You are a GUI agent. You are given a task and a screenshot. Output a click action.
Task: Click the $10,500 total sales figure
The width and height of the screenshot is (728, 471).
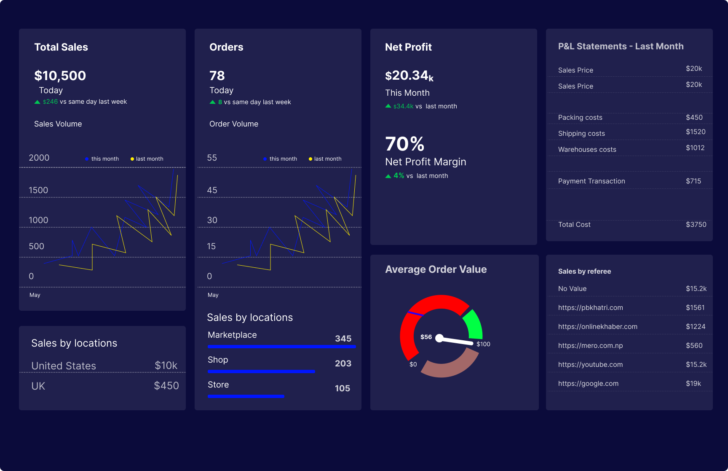(x=60, y=76)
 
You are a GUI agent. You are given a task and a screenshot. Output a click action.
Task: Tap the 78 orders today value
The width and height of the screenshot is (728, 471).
(x=217, y=76)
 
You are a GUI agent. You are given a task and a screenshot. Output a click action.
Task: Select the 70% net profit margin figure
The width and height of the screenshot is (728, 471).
(x=404, y=144)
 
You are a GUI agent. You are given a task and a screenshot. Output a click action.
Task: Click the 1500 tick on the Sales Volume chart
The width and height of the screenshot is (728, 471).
(x=38, y=190)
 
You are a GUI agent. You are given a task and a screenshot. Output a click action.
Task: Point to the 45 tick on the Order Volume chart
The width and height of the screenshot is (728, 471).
(x=212, y=190)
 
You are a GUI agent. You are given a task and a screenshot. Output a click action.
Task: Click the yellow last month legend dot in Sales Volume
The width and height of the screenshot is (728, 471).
(x=132, y=159)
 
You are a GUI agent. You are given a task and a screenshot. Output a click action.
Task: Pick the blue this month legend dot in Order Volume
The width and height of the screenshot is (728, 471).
(x=265, y=159)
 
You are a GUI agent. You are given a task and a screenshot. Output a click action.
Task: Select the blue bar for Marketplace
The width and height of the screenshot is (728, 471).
(x=281, y=347)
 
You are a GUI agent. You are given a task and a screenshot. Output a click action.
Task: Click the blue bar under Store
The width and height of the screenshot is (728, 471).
(x=246, y=396)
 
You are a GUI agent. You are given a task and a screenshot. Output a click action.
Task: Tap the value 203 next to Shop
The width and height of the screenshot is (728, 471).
(x=343, y=363)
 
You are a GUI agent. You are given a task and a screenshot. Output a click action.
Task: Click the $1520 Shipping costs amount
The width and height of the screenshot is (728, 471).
(x=695, y=132)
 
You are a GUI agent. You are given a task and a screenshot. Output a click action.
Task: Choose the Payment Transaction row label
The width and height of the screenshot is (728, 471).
(x=591, y=181)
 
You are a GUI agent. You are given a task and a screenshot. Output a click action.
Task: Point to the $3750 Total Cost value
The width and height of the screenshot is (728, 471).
(x=696, y=225)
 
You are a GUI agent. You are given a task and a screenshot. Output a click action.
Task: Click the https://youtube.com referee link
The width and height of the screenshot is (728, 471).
(x=590, y=365)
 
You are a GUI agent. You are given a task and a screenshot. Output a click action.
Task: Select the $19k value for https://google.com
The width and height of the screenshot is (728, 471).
(x=693, y=384)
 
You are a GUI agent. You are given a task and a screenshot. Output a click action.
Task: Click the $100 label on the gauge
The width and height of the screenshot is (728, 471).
(x=483, y=344)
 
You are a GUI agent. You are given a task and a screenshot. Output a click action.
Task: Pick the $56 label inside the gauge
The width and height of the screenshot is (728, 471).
(x=426, y=337)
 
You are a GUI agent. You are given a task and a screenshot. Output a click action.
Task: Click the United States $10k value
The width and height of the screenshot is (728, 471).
(x=166, y=366)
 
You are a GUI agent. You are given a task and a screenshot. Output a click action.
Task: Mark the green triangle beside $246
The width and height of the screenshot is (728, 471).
(x=37, y=102)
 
